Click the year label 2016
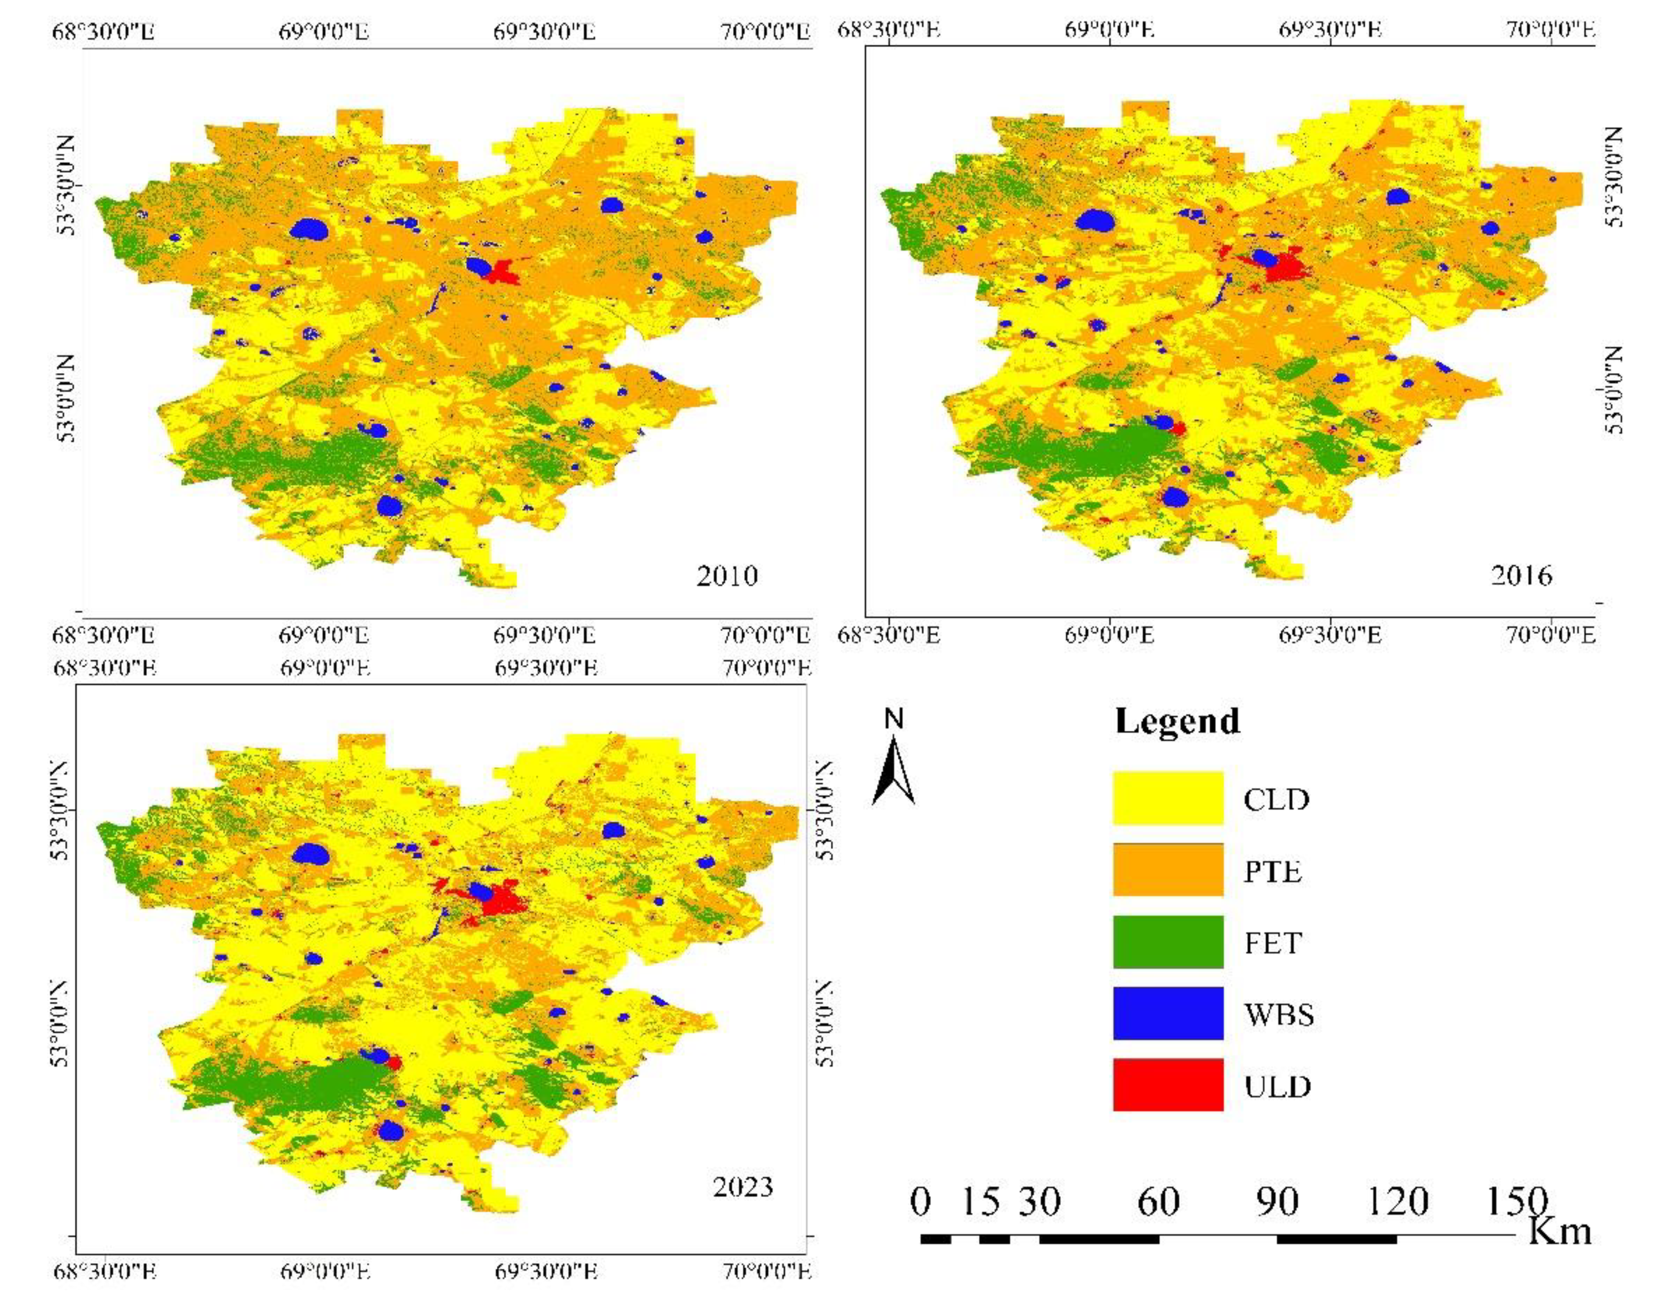click(x=1521, y=575)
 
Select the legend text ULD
click(x=1277, y=1086)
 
